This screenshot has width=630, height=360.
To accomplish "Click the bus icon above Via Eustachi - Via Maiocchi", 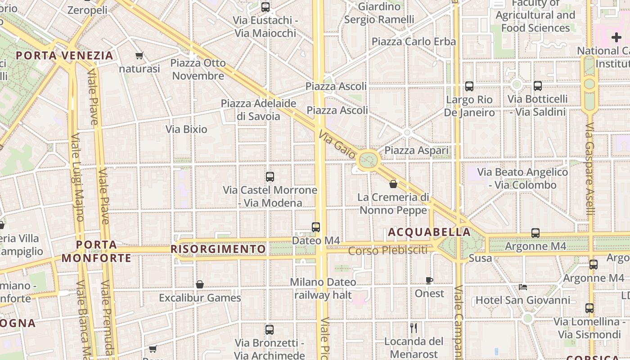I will [265, 7].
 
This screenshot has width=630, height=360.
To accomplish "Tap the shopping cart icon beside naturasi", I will [139, 56].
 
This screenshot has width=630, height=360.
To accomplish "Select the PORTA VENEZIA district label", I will [64, 55].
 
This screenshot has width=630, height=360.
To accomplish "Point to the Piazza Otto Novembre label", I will [198, 69].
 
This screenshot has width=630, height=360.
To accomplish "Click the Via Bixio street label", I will [186, 130].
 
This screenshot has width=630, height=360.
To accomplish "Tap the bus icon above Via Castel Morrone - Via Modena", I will [270, 177].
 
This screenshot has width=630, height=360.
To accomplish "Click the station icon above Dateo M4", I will [316, 227].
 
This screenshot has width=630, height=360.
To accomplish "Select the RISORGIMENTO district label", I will [219, 249].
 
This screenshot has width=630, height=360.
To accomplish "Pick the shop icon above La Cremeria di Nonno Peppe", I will [393, 184].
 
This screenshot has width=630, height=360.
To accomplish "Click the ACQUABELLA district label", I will [429, 232].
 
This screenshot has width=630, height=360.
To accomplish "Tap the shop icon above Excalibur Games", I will [200, 284].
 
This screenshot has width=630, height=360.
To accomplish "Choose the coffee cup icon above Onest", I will [429, 280].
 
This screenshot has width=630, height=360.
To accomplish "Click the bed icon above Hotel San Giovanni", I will [522, 287].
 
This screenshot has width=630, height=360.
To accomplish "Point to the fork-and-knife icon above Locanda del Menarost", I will [414, 328].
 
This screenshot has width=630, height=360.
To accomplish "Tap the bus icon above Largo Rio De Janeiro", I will [469, 86].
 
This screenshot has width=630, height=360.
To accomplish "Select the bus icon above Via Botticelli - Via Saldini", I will [538, 86].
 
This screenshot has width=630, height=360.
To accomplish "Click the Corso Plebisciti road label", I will [388, 250].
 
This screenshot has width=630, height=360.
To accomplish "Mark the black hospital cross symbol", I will [616, 37].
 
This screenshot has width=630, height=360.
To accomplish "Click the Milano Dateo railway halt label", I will [323, 288].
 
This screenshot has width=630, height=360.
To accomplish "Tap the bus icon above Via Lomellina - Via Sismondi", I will [589, 308].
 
